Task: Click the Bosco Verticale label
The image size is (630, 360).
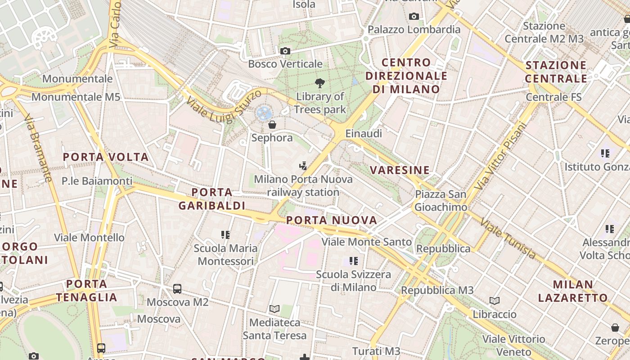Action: pyautogui.click(x=285, y=64)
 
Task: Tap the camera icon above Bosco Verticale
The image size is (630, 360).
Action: pyautogui.click(x=285, y=51)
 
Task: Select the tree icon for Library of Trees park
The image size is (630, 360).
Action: pyautogui.click(x=320, y=83)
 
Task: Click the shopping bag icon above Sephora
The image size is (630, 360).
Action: pyautogui.click(x=272, y=125)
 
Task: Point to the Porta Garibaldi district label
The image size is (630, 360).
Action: pyautogui.click(x=212, y=199)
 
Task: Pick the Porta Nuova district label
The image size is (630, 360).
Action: pyautogui.click(x=332, y=220)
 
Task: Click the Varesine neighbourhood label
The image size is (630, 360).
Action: pyautogui.click(x=400, y=170)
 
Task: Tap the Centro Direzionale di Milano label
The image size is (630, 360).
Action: pyautogui.click(x=406, y=76)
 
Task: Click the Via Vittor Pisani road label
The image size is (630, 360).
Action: pyautogui.click(x=501, y=156)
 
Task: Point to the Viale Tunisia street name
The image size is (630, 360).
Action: pyautogui.click(x=508, y=238)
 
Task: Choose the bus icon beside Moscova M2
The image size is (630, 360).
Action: pyautogui.click(x=177, y=289)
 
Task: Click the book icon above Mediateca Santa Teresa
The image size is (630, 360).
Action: pyautogui.click(x=274, y=309)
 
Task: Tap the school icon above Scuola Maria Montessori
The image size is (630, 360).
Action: pyautogui.click(x=225, y=235)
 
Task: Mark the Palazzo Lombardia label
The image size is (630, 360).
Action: pyautogui.click(x=414, y=30)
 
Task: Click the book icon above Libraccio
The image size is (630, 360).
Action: pyautogui.click(x=494, y=301)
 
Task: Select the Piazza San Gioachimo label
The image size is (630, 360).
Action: pyautogui.click(x=441, y=201)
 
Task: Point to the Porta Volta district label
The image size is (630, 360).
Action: pyautogui.click(x=106, y=157)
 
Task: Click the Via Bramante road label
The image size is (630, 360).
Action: pyautogui.click(x=38, y=148)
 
